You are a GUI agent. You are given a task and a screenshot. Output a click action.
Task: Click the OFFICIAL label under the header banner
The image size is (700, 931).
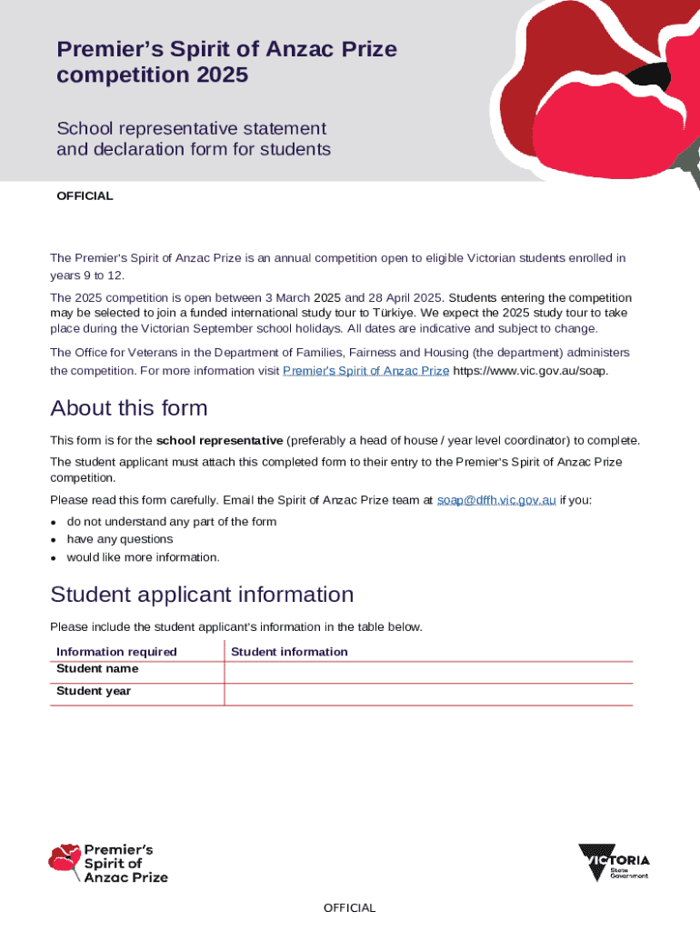(x=85, y=195)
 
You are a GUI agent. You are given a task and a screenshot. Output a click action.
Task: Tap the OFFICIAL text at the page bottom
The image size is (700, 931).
(x=349, y=907)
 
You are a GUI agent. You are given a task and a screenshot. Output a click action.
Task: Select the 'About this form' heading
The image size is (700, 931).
(x=129, y=407)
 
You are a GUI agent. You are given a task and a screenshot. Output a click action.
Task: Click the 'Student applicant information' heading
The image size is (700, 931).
(x=202, y=595)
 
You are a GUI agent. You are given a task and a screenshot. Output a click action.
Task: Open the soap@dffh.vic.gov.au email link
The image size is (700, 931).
(x=496, y=500)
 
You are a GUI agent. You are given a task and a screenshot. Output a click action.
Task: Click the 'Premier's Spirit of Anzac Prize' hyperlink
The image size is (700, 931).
(x=366, y=371)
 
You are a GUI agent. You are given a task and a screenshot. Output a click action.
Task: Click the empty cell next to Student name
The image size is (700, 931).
(x=427, y=671)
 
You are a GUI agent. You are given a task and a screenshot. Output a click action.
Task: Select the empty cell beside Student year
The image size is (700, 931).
(x=427, y=694)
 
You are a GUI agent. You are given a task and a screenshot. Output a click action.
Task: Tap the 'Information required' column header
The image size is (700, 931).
(x=116, y=651)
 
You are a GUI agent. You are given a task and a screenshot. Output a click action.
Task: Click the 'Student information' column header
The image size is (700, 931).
(x=289, y=651)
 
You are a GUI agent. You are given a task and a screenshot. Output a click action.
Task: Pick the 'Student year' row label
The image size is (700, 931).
(x=94, y=691)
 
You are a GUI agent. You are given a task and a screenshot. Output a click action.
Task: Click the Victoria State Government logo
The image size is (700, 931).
(x=614, y=862)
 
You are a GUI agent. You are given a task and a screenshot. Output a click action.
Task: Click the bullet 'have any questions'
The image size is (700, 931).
(x=119, y=539)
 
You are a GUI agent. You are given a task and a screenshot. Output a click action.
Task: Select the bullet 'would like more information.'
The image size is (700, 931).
(x=143, y=557)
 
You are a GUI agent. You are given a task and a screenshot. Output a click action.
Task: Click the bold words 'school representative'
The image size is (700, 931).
(x=219, y=440)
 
